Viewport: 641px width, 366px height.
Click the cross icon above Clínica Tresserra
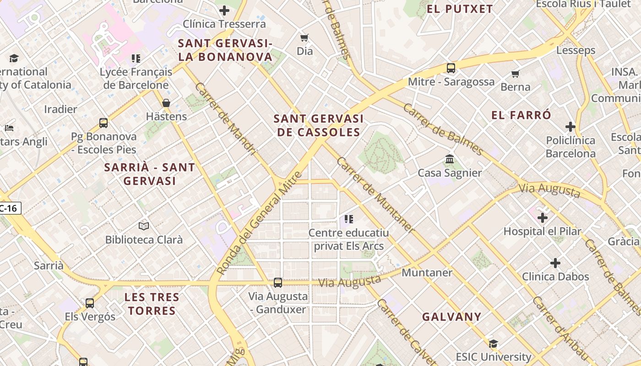pos(224,10)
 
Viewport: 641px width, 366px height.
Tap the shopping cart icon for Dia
pos(304,38)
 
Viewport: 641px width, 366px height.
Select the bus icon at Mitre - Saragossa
pos(451,68)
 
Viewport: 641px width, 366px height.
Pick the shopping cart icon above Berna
pos(516,74)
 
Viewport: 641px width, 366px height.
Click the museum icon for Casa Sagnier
pos(450,159)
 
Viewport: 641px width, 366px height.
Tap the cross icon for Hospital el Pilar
pos(543,218)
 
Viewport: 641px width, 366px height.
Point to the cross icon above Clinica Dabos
pos(555,263)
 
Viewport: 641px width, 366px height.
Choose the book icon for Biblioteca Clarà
pos(144,226)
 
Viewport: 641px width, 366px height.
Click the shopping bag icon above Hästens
pos(166,103)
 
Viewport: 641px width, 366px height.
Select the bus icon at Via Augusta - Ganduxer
pos(278,283)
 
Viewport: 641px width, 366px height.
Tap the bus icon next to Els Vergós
pos(90,303)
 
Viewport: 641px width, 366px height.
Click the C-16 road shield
pos(9,209)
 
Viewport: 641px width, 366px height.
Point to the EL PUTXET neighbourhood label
pos(460,9)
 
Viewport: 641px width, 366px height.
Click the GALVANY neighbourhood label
pos(452,317)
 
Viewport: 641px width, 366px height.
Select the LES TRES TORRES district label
pos(152,304)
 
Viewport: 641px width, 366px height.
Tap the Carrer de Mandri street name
pos(225,118)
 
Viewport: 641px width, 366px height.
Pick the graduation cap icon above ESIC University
pos(493,344)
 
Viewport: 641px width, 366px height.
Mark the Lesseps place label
pos(576,50)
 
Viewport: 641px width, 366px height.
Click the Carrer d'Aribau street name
pos(560,329)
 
